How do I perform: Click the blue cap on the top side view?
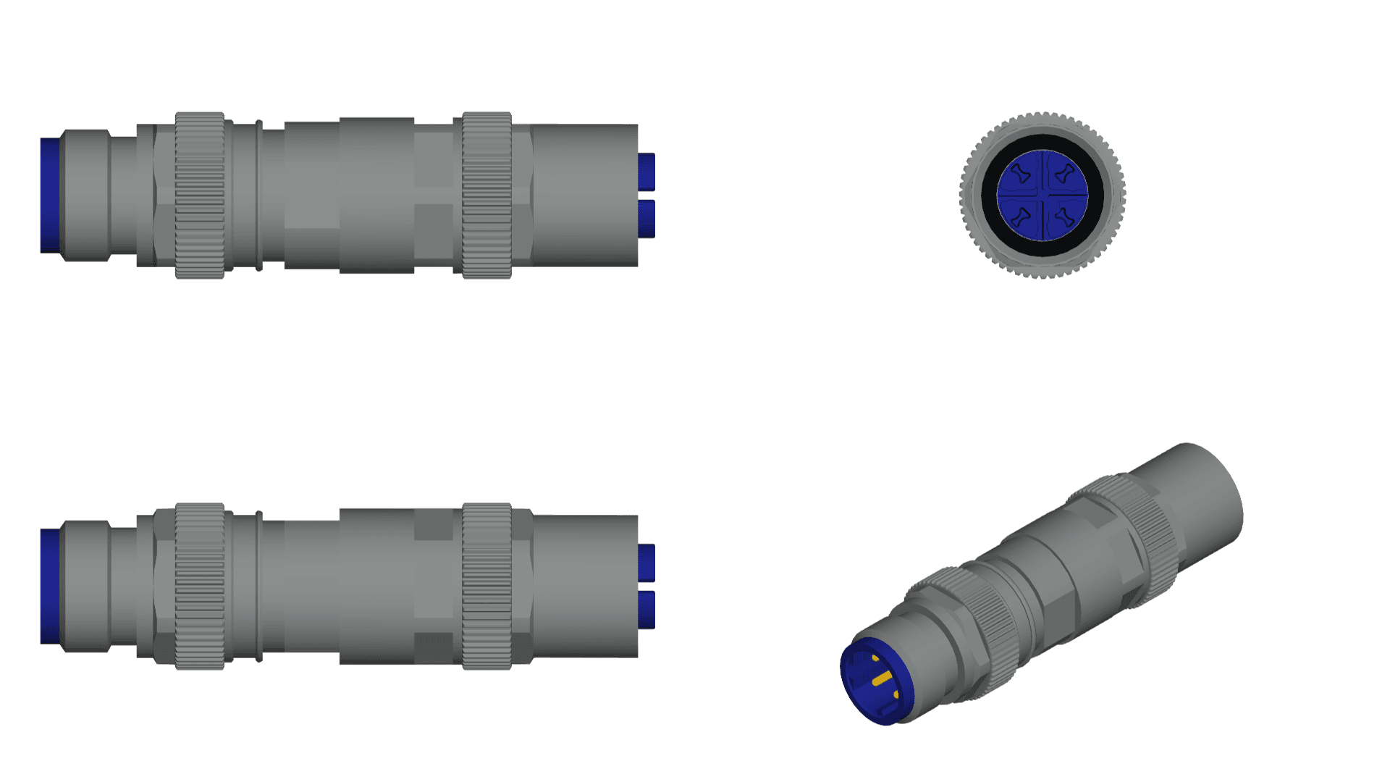tap(49, 195)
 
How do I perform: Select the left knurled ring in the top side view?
tap(200, 195)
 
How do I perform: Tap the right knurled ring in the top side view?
tap(486, 195)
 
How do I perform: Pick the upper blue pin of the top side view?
tap(646, 172)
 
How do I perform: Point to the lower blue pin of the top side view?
tap(646, 219)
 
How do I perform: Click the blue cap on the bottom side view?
tap(49, 586)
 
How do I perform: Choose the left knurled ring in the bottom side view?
tap(200, 586)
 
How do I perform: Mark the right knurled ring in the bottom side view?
tap(486, 586)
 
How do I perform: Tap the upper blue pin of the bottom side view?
tap(646, 563)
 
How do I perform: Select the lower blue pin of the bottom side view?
tap(646, 610)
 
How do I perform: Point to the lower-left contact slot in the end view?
tap(1022, 216)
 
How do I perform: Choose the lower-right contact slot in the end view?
tap(1063, 216)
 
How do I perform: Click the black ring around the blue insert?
tap(989, 195)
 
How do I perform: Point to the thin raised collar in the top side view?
tap(258, 195)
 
